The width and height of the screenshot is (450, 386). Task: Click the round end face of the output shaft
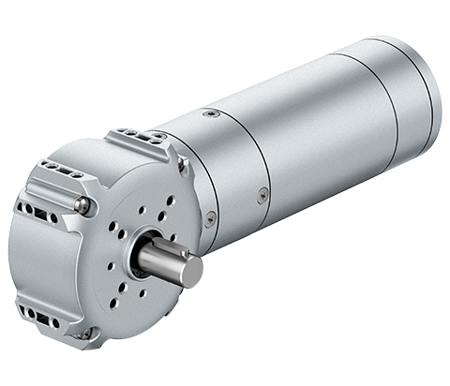click(x=191, y=271)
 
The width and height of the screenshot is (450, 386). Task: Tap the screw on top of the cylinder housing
click(x=212, y=113)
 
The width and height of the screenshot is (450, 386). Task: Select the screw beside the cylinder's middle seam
click(x=263, y=195)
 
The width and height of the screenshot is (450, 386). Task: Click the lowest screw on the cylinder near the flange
click(x=210, y=218)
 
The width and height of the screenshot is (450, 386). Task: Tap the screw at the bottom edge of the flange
click(x=86, y=333)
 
